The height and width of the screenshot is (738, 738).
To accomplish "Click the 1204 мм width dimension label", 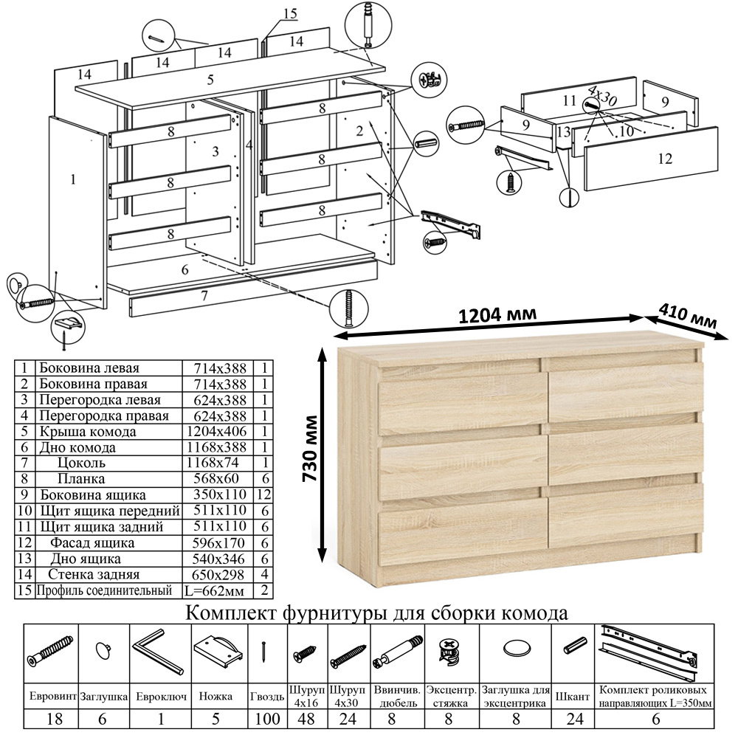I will click(x=497, y=315).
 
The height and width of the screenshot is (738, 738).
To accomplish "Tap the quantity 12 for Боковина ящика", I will click(x=266, y=495).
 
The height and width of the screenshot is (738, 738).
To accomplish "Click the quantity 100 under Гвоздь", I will click(x=267, y=719).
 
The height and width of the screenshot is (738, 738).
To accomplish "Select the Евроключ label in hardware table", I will click(x=160, y=696).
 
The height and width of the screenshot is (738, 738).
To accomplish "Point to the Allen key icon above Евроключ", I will click(x=158, y=650).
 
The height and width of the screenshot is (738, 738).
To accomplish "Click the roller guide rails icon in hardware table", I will click(x=649, y=652).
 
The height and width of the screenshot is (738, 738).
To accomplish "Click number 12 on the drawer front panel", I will click(x=664, y=157).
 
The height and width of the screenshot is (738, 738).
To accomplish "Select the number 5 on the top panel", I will click(x=210, y=80).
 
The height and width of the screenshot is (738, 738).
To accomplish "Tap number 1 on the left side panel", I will click(x=73, y=178).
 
